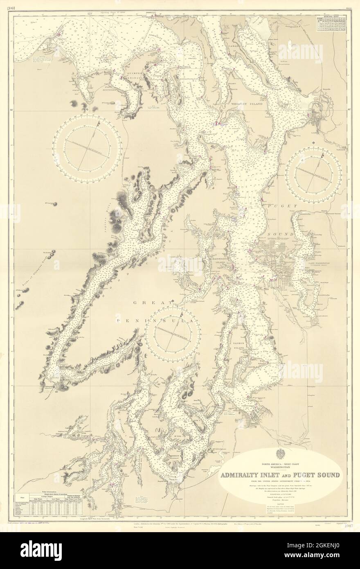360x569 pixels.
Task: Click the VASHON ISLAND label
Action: pos(239,337)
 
